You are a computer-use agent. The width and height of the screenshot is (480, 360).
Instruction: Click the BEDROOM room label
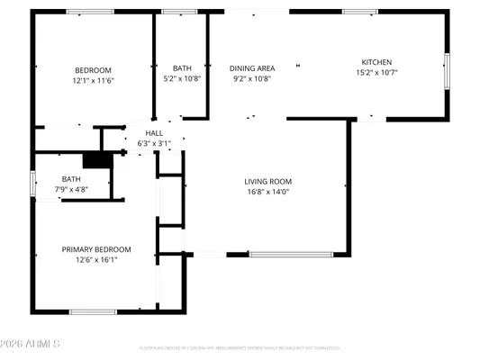[92, 70]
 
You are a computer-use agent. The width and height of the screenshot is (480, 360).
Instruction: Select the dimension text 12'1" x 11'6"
[92, 81]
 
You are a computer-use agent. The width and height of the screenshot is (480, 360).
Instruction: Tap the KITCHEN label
[376, 62]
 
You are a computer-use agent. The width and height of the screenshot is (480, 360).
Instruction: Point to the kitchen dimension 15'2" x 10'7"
[376, 73]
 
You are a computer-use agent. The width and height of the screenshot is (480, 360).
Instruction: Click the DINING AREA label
[252, 67]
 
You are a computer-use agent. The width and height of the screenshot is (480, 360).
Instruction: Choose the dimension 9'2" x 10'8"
[252, 78]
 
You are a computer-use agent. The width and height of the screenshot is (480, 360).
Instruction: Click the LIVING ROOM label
[268, 181]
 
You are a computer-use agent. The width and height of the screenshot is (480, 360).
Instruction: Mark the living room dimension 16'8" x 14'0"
[268, 192]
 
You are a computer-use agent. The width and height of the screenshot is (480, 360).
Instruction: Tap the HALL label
[154, 133]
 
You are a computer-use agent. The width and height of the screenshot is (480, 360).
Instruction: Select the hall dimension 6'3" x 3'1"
[154, 143]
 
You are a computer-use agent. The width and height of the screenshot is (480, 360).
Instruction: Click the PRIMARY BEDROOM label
[96, 249]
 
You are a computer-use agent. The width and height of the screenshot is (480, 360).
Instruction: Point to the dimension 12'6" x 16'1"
[96, 260]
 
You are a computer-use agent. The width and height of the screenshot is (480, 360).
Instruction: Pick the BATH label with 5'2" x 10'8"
[182, 67]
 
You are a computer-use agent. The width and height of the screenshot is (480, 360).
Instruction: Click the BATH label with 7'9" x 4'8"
[71, 179]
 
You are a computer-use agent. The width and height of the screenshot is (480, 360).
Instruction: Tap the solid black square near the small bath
[94, 159]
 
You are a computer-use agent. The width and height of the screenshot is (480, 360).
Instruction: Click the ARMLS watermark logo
[32, 344]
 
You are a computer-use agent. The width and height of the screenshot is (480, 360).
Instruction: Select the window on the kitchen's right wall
[446, 70]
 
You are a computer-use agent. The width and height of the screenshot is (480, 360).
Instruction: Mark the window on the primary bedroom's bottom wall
[93, 312]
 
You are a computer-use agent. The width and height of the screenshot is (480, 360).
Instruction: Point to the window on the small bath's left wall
[33, 183]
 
